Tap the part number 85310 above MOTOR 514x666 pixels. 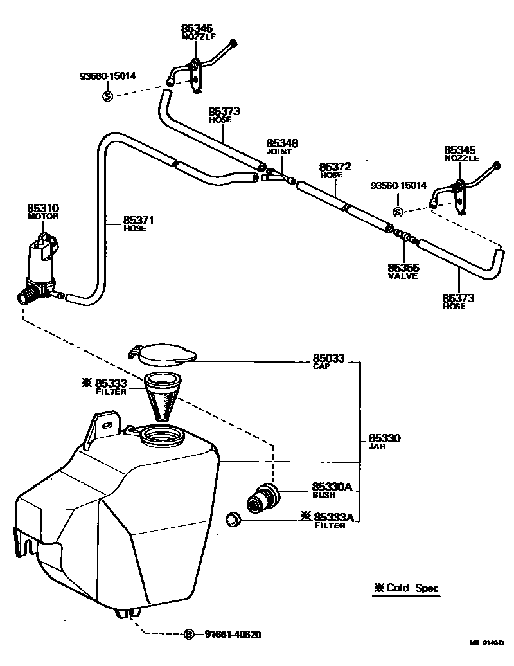pyautogui.click(x=43, y=208)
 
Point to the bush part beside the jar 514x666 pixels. pyautogui.click(x=264, y=498)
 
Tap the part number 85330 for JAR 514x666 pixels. pyautogui.click(x=385, y=438)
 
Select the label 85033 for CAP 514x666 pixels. pyautogui.click(x=329, y=358)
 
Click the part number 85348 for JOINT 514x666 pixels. pyautogui.click(x=283, y=143)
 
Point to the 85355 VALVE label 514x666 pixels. pyautogui.click(x=403, y=267)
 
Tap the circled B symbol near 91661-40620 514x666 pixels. pyautogui.click(x=189, y=634)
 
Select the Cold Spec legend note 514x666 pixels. pyautogui.click(x=407, y=588)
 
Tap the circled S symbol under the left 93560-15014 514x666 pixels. pyautogui.click(x=107, y=96)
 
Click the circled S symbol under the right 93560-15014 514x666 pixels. pyautogui.click(x=398, y=212)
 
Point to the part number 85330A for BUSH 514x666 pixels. pyautogui.click(x=332, y=487)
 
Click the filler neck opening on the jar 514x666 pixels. pyautogui.click(x=161, y=438)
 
